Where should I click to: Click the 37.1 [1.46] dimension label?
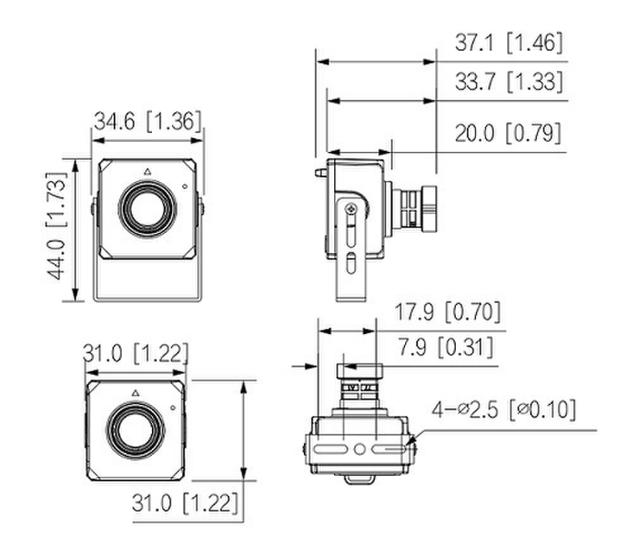click(509, 42)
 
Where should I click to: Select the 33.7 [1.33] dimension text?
click(509, 82)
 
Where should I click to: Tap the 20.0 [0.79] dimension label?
click(508, 133)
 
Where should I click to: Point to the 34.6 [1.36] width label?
click(147, 121)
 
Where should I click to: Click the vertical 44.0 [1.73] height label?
click(56, 226)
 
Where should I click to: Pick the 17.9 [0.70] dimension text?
click(448, 312)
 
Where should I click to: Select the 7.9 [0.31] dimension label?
click(446, 347)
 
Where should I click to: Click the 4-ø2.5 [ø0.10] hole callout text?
click(504, 410)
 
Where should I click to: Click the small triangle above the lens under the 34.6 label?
click(147, 172)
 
